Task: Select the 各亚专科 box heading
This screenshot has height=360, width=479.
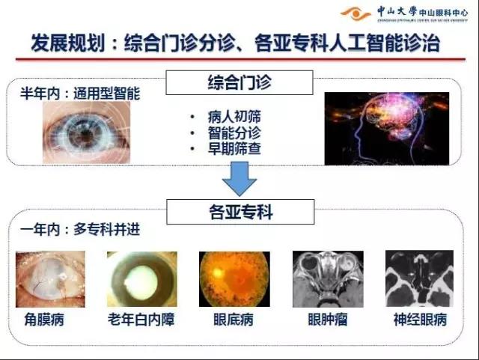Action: (239, 213)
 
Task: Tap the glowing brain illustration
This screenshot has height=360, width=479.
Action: (386, 128)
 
